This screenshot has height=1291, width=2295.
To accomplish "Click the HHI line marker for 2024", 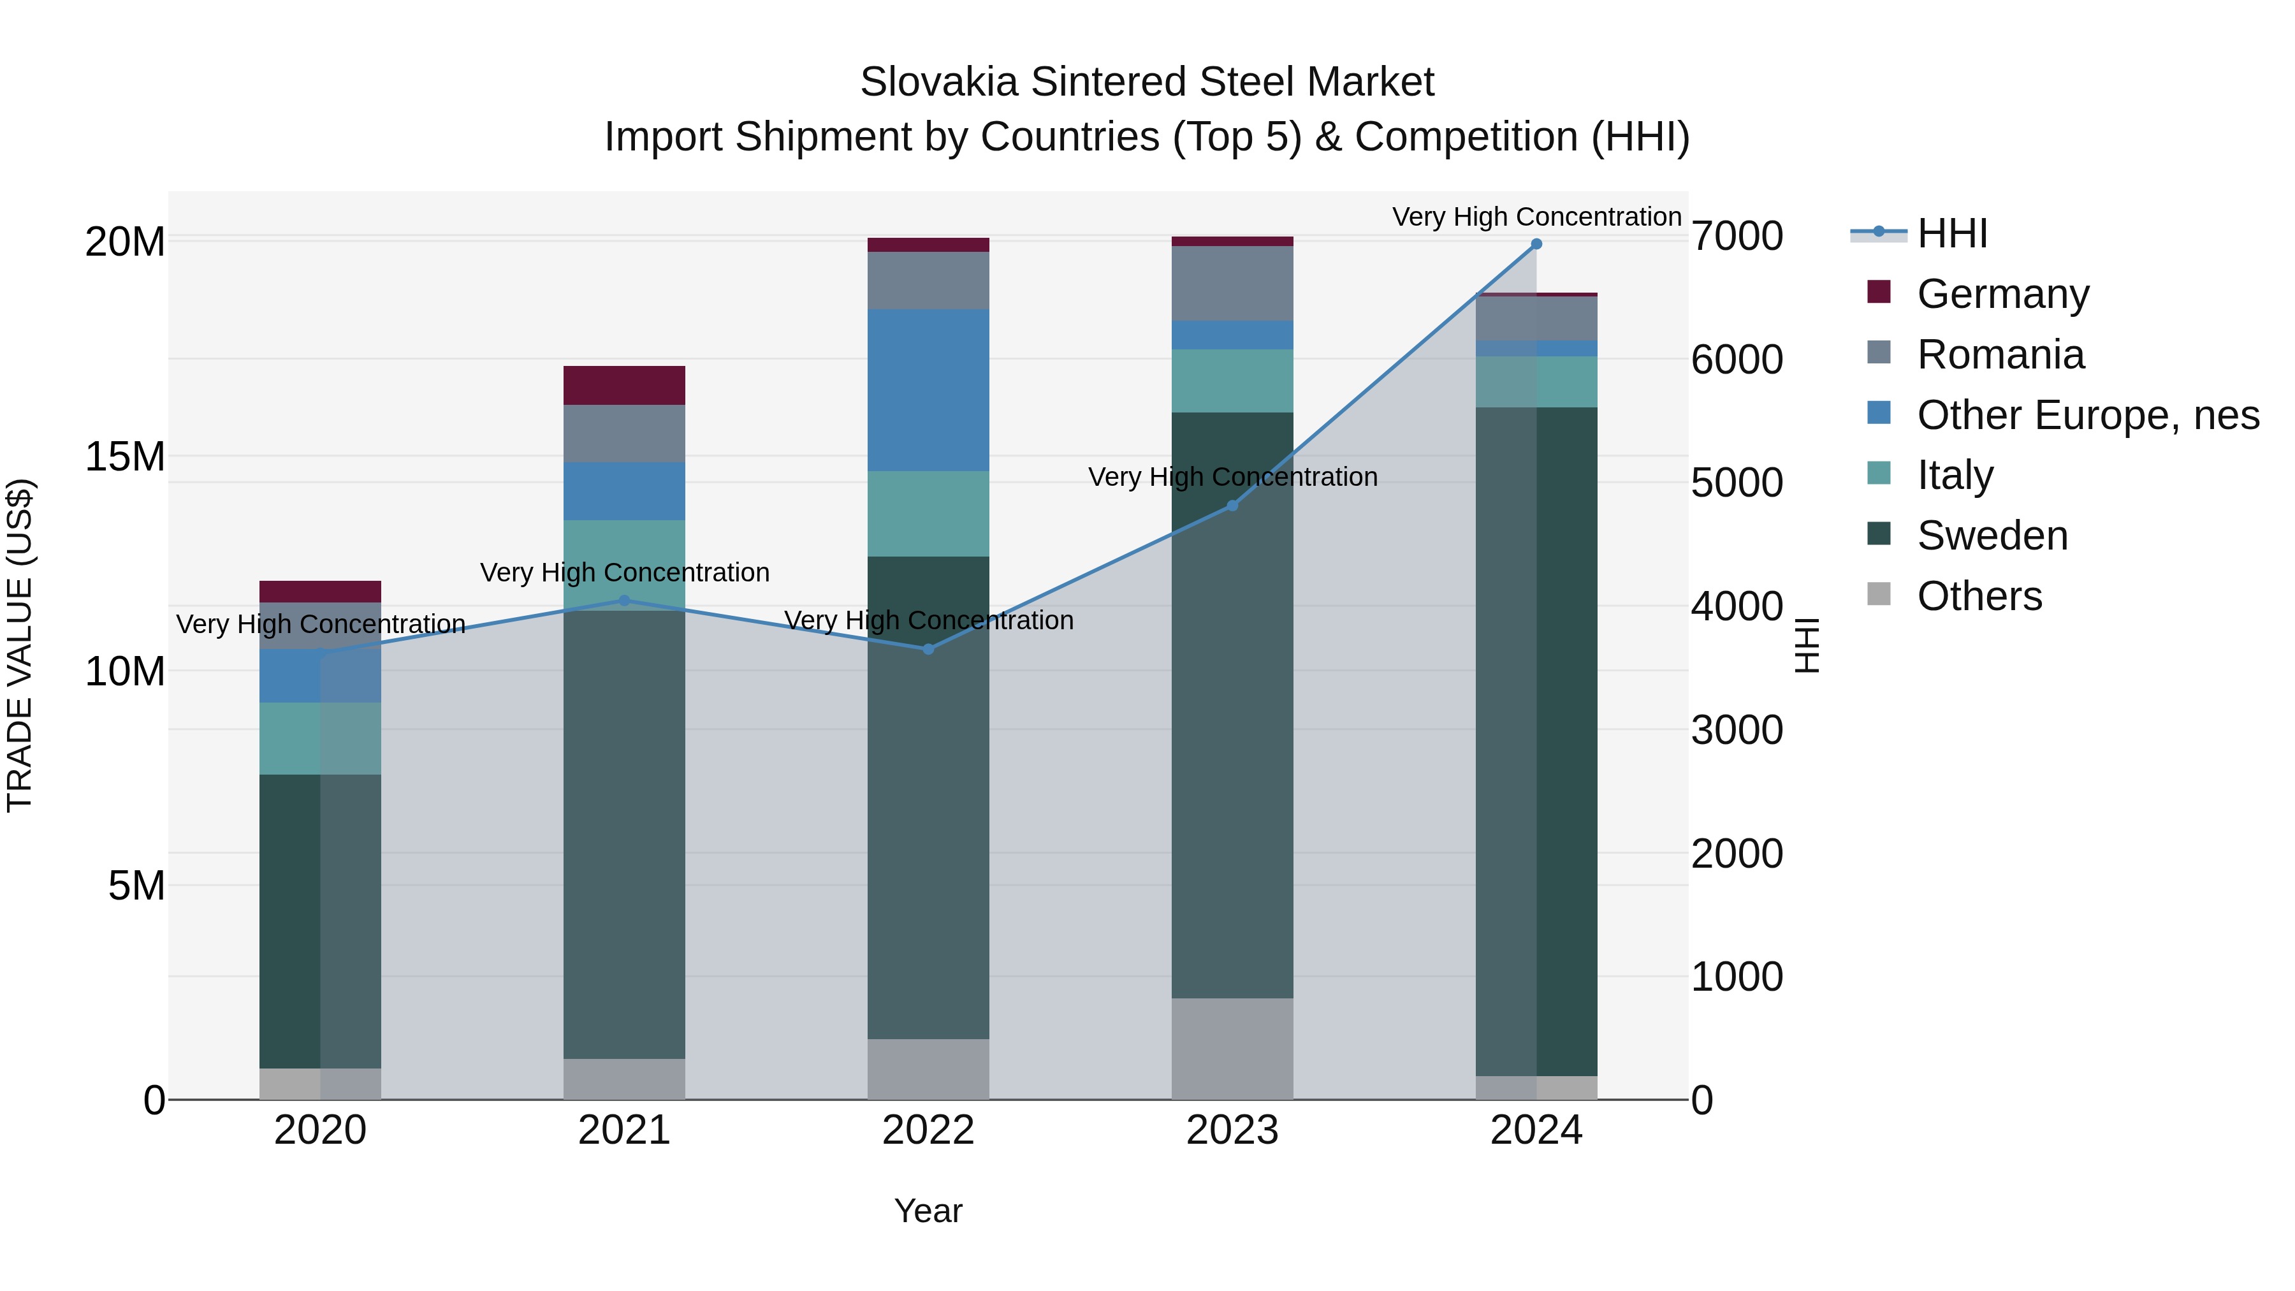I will pos(1536,244).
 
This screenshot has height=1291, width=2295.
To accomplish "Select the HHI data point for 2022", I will pos(928,650).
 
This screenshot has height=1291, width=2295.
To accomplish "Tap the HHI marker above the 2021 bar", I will pos(623,601).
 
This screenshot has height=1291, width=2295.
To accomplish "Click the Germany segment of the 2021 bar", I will pos(623,386).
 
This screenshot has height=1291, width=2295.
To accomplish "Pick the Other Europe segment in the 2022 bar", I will pos(928,390).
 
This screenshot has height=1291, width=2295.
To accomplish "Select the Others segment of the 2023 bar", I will pos(1232,1049).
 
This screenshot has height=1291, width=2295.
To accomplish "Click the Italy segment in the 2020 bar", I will pos(320,739).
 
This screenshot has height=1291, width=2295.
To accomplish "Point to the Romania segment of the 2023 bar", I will pos(1232,283).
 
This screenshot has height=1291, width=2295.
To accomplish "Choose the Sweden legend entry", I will pos(1992,536).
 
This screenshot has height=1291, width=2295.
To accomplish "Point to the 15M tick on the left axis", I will pos(125,457).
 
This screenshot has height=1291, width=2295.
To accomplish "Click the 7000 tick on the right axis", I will pos(1737,238).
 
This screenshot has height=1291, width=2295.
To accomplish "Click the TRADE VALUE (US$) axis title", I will pos(20,645).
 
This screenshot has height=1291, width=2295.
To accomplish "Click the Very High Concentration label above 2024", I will pos(1536,217).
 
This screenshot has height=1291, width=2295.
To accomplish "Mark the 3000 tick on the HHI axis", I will pos(1737,731).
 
